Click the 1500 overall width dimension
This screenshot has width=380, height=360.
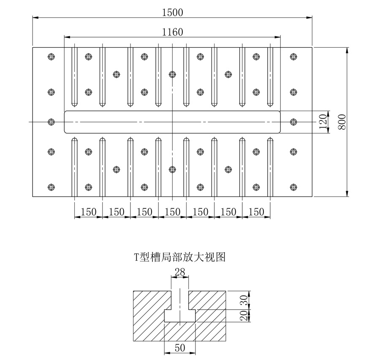(173, 12)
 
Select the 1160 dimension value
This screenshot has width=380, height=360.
(173, 32)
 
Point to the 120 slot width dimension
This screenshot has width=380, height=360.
(323, 122)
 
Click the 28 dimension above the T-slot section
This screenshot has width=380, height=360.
(180, 272)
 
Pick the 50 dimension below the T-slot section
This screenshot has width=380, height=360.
(180, 347)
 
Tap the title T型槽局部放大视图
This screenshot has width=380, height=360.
(180, 256)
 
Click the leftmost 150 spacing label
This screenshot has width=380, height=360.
(88, 212)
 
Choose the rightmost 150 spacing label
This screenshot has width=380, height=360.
(256, 212)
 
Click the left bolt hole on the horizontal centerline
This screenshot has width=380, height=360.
(52, 122)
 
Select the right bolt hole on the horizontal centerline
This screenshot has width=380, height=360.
(293, 122)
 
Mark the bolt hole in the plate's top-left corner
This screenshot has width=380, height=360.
(52, 56)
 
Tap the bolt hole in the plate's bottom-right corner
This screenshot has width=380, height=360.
(293, 187)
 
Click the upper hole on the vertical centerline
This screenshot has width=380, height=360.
(172, 74)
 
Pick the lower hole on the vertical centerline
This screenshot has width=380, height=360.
(172, 169)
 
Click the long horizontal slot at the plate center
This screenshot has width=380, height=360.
(127, 122)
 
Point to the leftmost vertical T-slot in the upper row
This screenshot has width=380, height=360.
(74, 76)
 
